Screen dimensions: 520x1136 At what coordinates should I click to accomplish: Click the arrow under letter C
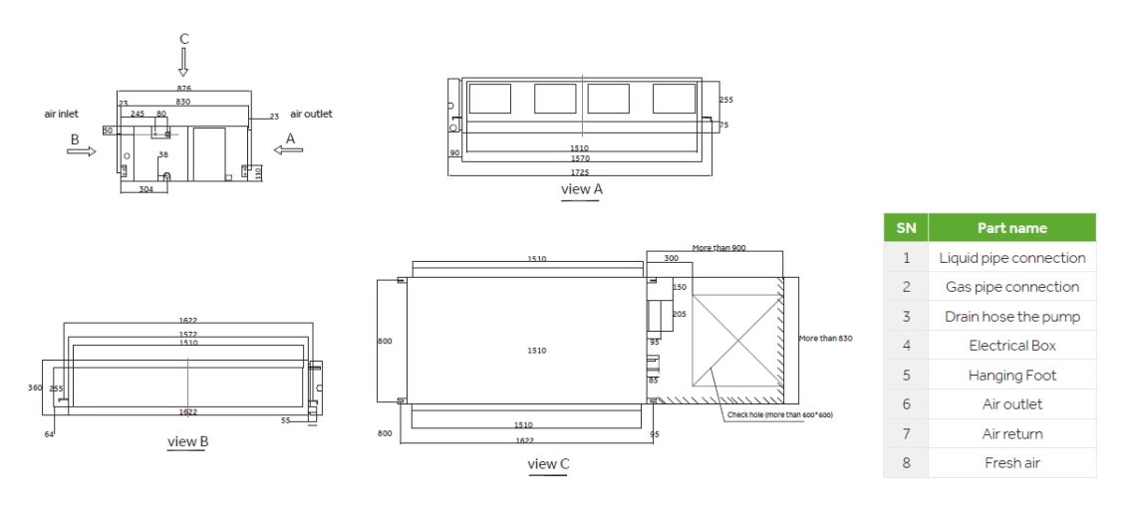183,63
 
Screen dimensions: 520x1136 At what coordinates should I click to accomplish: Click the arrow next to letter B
83,151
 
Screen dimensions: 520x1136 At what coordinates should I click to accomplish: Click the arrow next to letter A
290,151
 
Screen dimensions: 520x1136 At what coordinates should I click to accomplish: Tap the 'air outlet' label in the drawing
311,115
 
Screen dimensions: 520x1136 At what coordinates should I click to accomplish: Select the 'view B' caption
187,441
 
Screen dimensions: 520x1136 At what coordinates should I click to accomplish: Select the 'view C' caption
548,464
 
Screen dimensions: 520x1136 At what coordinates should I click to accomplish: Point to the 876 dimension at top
184,89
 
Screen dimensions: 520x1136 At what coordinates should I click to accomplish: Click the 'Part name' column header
1011,227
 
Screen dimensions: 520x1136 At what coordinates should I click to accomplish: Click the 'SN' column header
906,227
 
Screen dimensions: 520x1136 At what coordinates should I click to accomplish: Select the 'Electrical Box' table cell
1011,346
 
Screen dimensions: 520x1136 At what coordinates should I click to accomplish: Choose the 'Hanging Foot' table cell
1011,376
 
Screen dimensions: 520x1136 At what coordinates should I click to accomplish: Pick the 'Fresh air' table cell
1011,463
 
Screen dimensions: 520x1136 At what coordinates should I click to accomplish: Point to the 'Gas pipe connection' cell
1011,287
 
